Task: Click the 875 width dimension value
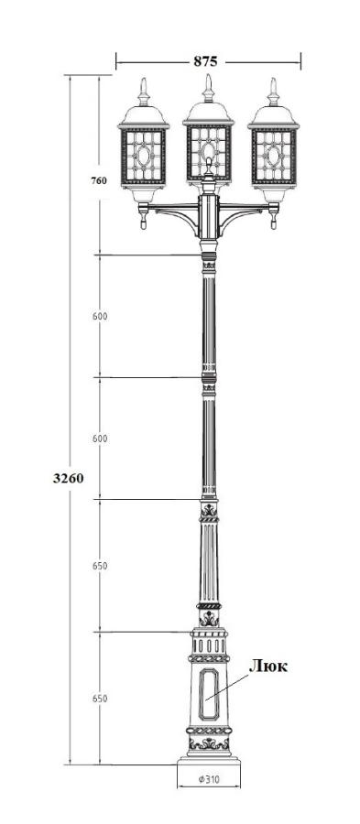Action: [x=205, y=61]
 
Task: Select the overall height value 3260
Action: [x=69, y=478]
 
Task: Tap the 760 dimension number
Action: [x=99, y=180]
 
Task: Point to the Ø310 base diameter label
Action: [x=209, y=780]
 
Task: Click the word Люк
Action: [x=268, y=667]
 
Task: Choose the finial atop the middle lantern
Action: [x=209, y=88]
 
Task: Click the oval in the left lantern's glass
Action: [x=144, y=156]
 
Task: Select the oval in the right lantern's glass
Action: [x=273, y=156]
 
